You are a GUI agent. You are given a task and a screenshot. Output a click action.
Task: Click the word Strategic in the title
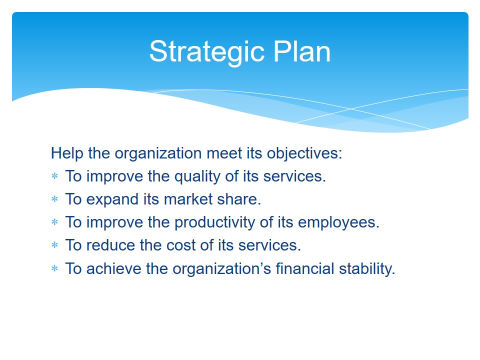(x=207, y=52)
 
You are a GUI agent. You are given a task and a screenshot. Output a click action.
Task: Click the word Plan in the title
(x=302, y=51)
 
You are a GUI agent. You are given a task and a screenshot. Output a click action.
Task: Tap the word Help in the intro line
(x=67, y=153)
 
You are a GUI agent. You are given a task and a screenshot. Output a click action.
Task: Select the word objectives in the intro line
(x=304, y=153)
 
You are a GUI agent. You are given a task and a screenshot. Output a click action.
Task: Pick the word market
(x=188, y=199)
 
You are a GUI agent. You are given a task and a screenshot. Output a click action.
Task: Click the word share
(x=239, y=199)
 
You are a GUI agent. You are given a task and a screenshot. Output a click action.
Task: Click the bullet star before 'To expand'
(x=55, y=199)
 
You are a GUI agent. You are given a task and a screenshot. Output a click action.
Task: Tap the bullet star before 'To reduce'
(x=55, y=245)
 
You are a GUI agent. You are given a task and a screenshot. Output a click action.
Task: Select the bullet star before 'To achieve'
(x=55, y=269)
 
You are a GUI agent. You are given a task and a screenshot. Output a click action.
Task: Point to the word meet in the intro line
(x=224, y=153)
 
